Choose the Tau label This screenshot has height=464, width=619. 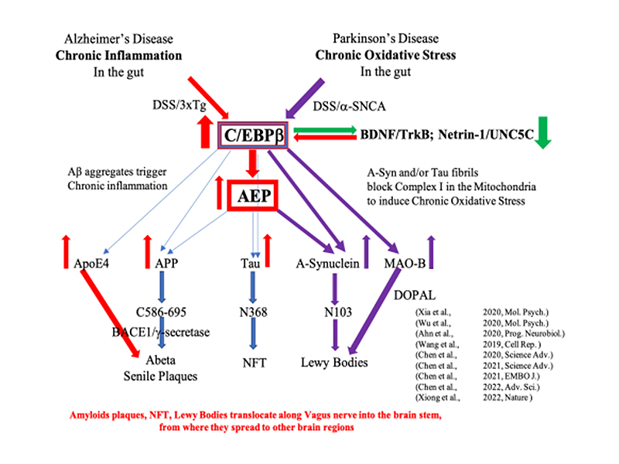[x=249, y=263]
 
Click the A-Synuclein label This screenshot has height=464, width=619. [x=328, y=263]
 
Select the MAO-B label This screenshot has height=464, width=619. [x=403, y=263]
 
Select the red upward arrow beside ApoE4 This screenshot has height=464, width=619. [x=67, y=251]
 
